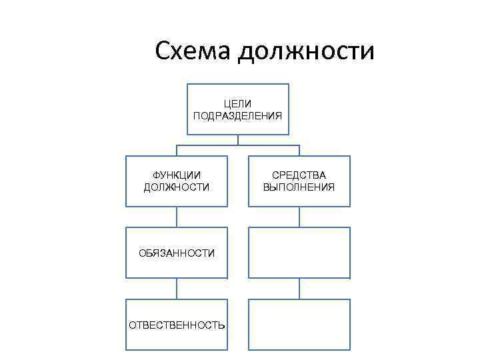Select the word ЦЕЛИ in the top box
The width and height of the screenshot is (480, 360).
point(237,104)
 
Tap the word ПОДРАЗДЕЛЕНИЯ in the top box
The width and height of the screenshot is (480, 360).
point(237,115)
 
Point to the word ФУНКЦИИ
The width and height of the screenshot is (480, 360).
point(177,175)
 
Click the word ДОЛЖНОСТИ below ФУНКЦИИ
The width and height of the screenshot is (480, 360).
point(177,187)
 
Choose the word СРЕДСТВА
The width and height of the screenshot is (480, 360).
point(299,175)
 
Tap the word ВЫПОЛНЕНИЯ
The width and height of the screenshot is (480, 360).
point(299,187)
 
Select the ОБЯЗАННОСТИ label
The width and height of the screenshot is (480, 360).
point(177,253)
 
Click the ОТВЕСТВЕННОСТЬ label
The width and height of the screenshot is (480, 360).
point(177,325)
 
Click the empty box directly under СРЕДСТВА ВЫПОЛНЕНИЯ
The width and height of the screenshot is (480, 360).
point(299,253)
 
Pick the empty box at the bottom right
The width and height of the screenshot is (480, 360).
point(299,324)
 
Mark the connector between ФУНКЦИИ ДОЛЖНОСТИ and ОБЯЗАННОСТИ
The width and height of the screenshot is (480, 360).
point(177,217)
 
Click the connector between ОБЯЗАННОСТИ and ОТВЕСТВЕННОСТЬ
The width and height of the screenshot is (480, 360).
point(177,288)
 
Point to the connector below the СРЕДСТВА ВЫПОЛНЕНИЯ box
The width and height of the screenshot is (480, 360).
point(299,217)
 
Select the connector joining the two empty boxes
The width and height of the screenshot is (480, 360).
point(299,288)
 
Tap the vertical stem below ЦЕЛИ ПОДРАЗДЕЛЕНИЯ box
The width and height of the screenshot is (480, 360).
point(237,140)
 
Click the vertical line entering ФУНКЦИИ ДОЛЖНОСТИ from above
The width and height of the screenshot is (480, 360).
point(177,150)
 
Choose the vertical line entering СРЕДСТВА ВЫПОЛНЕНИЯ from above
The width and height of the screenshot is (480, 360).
point(299,150)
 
